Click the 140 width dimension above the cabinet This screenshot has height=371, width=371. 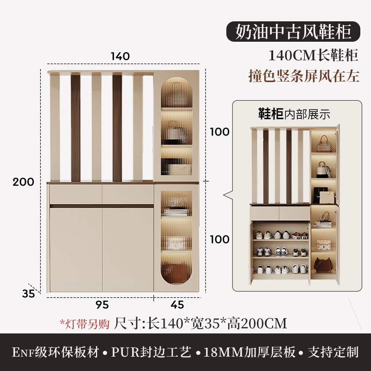[120, 56]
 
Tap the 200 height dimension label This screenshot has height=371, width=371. [23, 182]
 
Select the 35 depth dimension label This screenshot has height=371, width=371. [28, 294]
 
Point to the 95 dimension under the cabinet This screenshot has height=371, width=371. [102, 305]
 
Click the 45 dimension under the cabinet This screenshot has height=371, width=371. [177, 305]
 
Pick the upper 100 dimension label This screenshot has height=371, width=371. [219, 132]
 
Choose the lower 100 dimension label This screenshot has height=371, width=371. [219, 239]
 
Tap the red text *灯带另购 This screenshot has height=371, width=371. [85, 323]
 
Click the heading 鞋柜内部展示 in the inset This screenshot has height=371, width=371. [294, 113]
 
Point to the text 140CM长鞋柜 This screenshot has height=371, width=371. [314, 56]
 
